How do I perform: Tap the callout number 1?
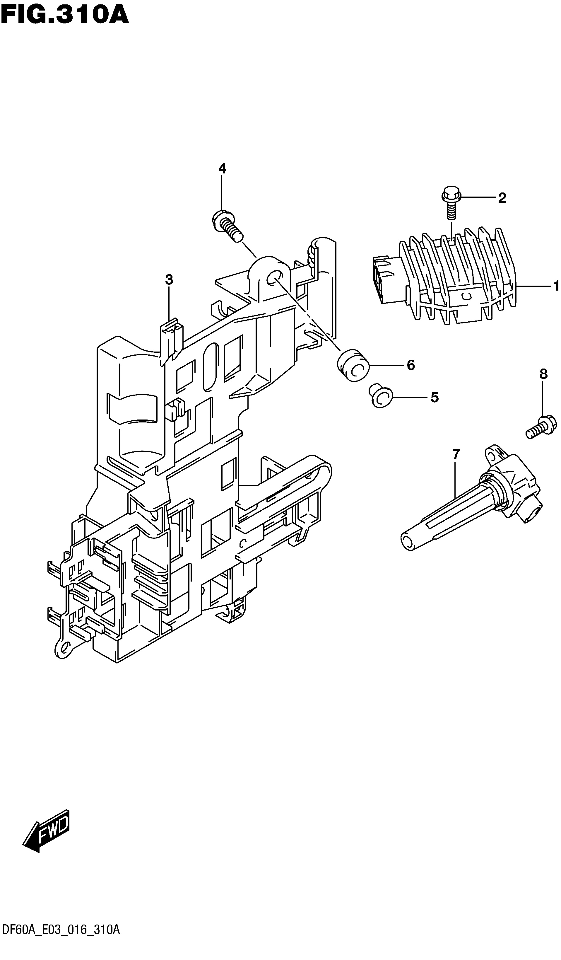[x=556, y=285]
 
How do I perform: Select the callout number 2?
[x=502, y=198]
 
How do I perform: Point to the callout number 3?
[x=169, y=280]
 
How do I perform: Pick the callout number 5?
[x=435, y=397]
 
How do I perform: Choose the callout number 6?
[x=411, y=365]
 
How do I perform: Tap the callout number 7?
[x=456, y=454]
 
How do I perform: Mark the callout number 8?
[x=543, y=374]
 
